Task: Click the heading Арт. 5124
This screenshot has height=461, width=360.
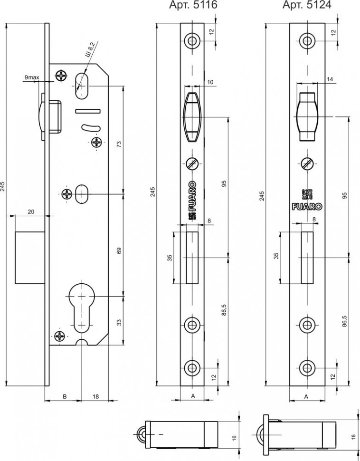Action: coord(307,5)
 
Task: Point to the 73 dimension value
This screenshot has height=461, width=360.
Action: coord(119,144)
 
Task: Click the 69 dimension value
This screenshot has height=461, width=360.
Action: coord(119,250)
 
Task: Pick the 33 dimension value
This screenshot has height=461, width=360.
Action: coord(119,322)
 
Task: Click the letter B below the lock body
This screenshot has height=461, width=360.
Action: coord(64,395)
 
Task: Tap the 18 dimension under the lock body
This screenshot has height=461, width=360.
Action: coord(96,395)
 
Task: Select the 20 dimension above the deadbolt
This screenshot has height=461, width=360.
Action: coord(31,212)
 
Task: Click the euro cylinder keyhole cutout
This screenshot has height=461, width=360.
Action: coord(83,308)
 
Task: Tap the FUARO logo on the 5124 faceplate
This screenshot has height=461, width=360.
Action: coord(306,206)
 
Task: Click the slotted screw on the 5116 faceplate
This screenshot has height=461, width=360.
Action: coord(192,163)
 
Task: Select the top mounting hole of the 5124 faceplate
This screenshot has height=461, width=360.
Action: coord(306,40)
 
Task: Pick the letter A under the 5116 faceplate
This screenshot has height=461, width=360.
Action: coord(192,395)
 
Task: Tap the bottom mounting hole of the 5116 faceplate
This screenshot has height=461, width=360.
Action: coord(192,367)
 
